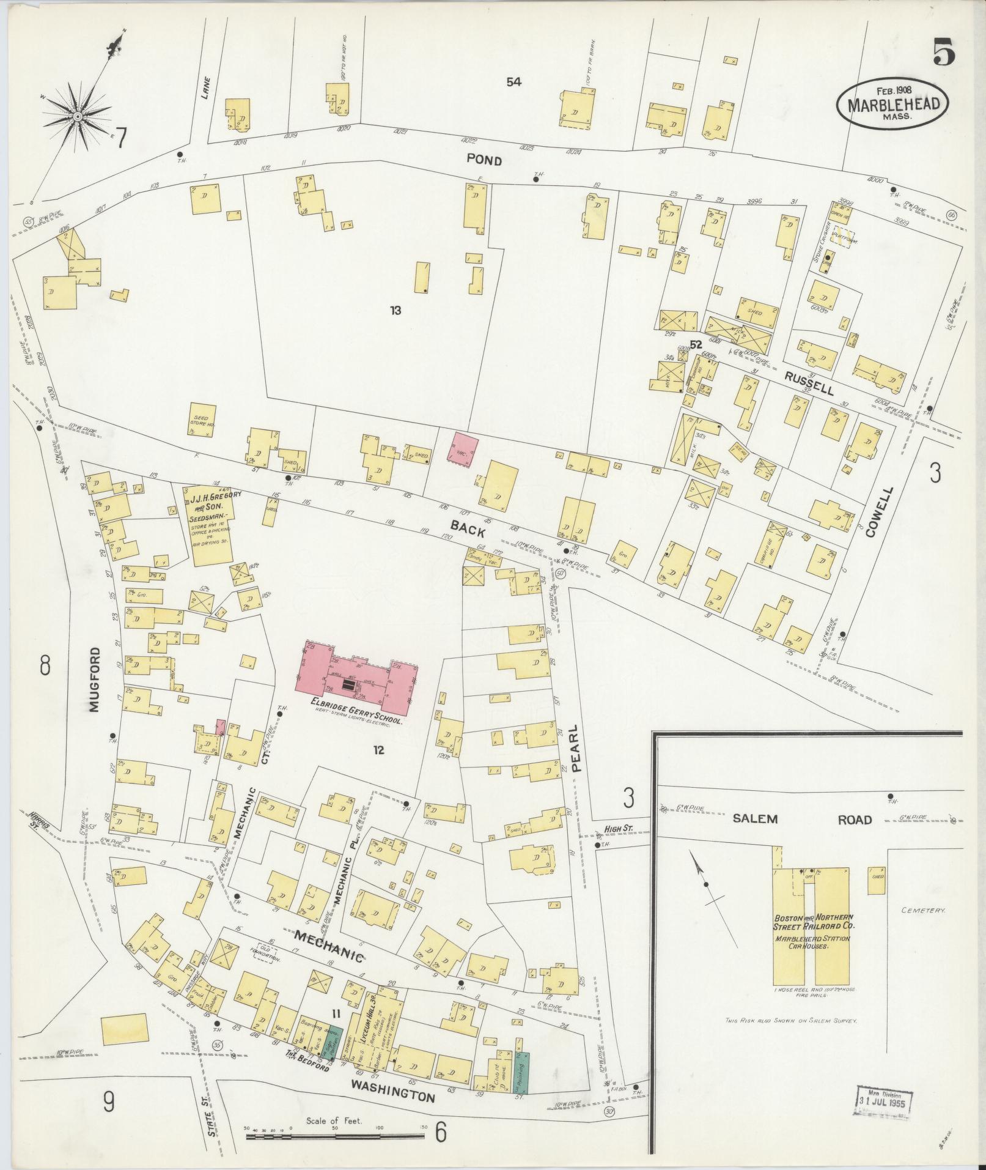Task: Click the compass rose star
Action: [78, 116]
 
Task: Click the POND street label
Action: [484, 161]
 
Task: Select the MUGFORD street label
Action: [94, 679]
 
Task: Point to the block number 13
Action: [396, 310]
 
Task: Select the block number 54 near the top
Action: [513, 81]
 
